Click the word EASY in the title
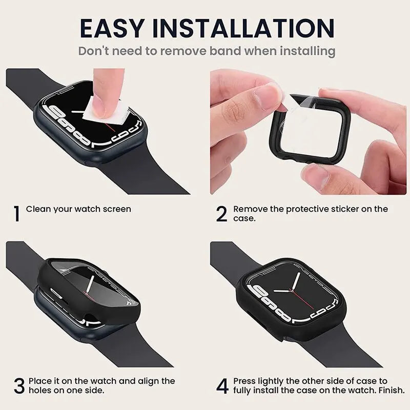112,28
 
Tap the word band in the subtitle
225,51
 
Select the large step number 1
16,214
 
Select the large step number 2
222,214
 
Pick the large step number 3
19,386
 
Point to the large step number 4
222,386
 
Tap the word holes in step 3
40,391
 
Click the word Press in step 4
245,381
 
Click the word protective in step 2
307,210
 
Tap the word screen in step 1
117,210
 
